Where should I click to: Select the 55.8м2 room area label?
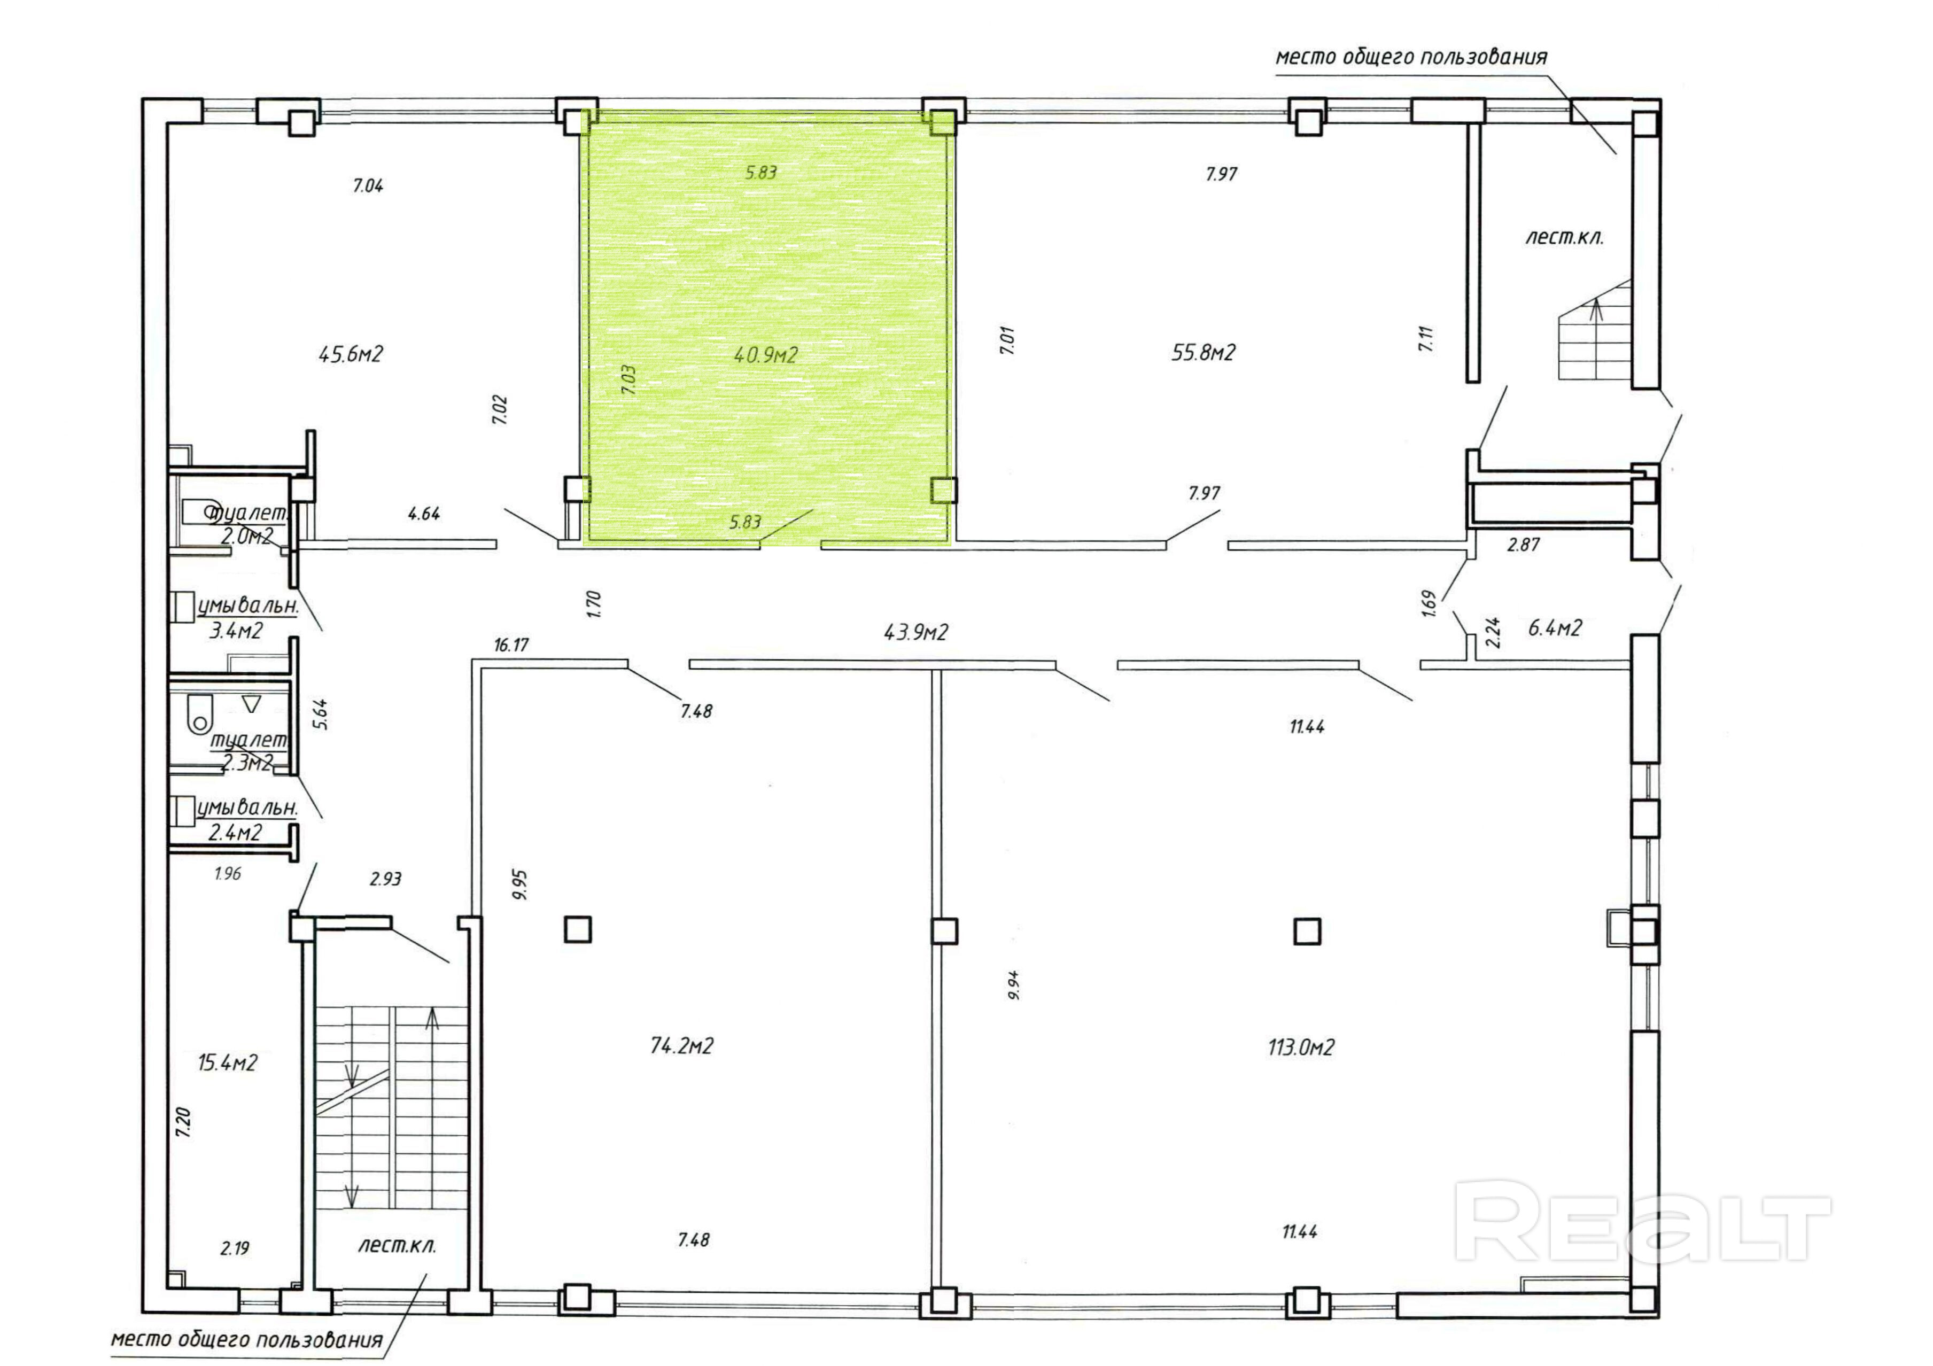(x=1203, y=353)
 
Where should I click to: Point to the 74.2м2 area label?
(x=682, y=1046)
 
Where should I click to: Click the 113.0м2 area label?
(x=1301, y=1047)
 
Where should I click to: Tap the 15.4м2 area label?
(x=227, y=1063)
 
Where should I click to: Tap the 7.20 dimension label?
(x=183, y=1123)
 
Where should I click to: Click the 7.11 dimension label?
(x=1425, y=338)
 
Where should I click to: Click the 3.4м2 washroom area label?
(x=236, y=630)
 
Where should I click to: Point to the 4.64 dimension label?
(x=423, y=514)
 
